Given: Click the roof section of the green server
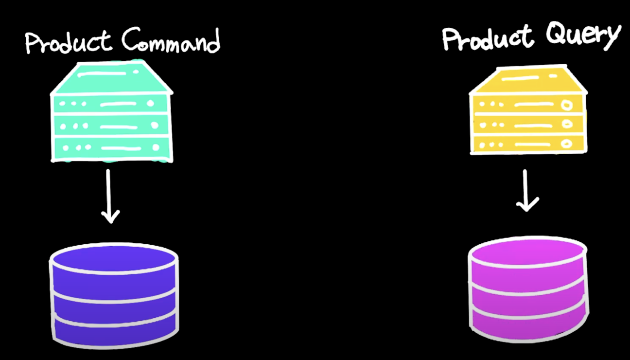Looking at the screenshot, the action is [111, 78].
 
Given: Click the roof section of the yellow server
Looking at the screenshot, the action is [528, 81].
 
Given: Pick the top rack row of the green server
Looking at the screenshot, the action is [111, 104].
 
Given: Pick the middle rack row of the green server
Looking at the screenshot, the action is [111, 126].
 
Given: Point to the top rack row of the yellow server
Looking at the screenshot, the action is [528, 104].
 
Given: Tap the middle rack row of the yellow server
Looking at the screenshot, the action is [528, 125].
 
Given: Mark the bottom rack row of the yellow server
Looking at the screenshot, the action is [528, 144].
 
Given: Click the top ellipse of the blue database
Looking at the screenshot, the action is [114, 258].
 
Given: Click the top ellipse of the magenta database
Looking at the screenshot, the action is [527, 253].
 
